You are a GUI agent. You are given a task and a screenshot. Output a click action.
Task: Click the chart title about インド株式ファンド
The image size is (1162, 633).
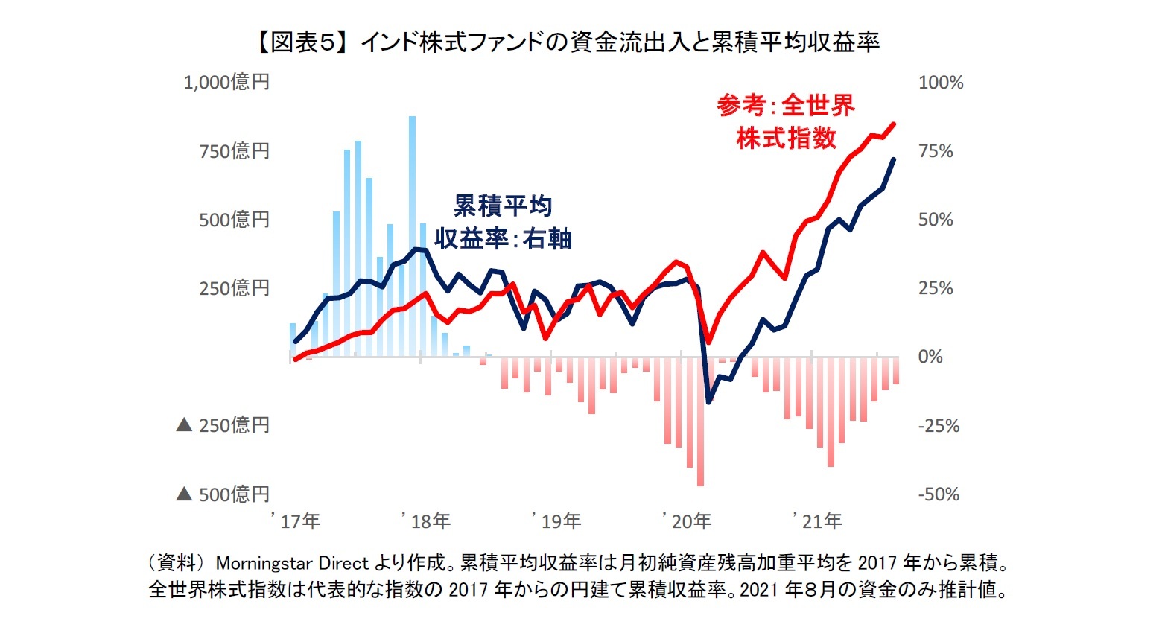pyautogui.click(x=566, y=42)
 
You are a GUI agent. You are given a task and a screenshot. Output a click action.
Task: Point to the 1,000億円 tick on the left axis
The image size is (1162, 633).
pyautogui.click(x=226, y=82)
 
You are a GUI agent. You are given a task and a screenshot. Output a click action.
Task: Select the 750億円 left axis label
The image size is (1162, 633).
pyautogui.click(x=234, y=151)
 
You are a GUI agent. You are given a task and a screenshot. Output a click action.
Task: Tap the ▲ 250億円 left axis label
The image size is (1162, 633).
pyautogui.click(x=223, y=425)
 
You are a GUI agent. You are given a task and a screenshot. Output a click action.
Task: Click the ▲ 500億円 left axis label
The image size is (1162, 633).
pyautogui.click(x=223, y=494)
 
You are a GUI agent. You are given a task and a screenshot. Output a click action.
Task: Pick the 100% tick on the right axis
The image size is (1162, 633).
pyautogui.click(x=941, y=83)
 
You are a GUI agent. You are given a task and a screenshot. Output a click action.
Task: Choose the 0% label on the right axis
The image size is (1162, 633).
pyautogui.click(x=930, y=357)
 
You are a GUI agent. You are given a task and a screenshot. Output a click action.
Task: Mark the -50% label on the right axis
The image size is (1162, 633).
pyautogui.click(x=939, y=494)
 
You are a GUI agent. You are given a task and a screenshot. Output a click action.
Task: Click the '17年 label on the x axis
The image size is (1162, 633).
pyautogui.click(x=297, y=521)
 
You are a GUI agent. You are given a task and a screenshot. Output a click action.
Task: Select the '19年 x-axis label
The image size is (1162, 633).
pyautogui.click(x=558, y=521)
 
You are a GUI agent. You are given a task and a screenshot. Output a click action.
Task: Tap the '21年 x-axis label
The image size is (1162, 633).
pyautogui.click(x=819, y=521)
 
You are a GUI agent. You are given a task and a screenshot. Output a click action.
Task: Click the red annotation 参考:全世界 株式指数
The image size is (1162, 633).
pyautogui.click(x=786, y=122)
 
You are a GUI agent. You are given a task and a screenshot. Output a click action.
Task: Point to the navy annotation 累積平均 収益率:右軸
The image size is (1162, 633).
pyautogui.click(x=503, y=222)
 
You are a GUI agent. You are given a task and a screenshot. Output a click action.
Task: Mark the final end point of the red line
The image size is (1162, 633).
pyautogui.click(x=894, y=124)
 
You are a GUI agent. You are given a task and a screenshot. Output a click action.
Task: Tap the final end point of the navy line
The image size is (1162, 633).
pyautogui.click(x=894, y=159)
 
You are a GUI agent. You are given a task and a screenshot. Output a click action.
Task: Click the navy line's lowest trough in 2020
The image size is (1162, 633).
pyautogui.click(x=709, y=402)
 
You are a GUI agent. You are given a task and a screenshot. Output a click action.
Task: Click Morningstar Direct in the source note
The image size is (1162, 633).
pyautogui.click(x=292, y=562)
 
